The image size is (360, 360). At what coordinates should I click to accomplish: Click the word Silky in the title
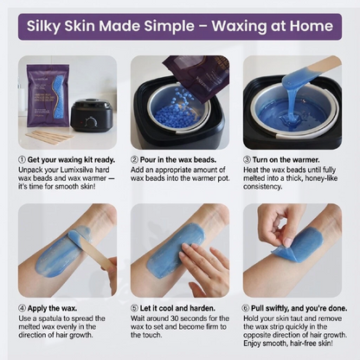(x=43, y=26)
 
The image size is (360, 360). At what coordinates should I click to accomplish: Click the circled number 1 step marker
(x=22, y=160)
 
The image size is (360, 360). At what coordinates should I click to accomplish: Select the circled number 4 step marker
(x=22, y=308)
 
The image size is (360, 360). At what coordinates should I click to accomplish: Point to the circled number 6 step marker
(x=246, y=308)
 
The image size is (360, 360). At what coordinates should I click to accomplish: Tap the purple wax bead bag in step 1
(x=48, y=96)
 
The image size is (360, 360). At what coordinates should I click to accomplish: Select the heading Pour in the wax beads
(x=178, y=160)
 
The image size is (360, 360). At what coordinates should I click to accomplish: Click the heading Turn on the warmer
(x=286, y=160)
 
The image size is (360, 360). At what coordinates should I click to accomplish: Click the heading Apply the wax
(x=52, y=308)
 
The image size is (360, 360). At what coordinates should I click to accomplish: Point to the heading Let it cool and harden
(x=177, y=308)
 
